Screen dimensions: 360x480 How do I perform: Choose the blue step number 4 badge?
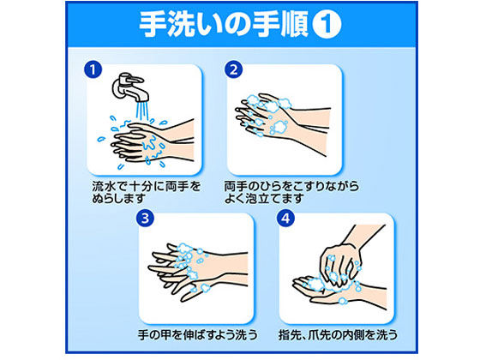(284, 219)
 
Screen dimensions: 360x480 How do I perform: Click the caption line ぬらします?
(119, 199)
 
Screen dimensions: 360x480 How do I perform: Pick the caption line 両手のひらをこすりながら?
(291, 184)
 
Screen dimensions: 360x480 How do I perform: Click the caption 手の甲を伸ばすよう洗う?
(195, 335)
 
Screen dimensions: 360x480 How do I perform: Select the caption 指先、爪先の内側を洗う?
(335, 335)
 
